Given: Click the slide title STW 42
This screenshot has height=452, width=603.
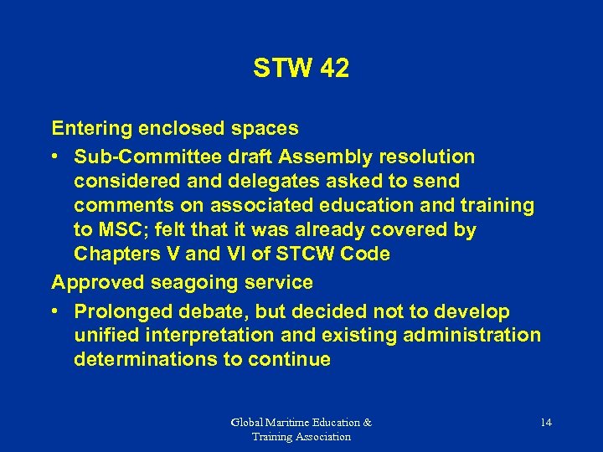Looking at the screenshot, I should point(301,69).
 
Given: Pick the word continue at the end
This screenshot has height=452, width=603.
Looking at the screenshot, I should point(290,360).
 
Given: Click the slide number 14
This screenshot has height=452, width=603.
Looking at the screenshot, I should point(545,423).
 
